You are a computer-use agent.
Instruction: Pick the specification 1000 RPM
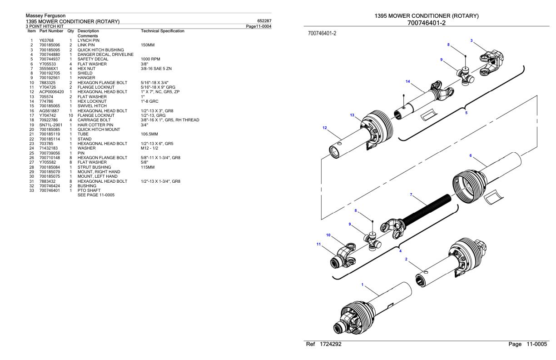click(150, 59)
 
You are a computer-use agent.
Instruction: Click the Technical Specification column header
click(163, 31)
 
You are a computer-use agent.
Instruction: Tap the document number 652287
click(264, 21)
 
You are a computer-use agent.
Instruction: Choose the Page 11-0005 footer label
click(528, 344)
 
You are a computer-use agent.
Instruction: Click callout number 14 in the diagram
click(408, 81)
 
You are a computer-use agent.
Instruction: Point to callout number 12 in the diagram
click(324, 128)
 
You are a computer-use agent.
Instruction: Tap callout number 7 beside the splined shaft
click(411, 195)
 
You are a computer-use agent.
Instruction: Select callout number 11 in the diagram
click(318, 244)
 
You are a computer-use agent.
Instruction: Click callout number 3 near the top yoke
click(472, 41)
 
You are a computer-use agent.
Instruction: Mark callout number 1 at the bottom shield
click(362, 285)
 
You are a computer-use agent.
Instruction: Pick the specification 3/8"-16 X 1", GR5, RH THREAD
click(170, 120)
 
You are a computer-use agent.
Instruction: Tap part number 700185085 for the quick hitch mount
click(50, 130)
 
